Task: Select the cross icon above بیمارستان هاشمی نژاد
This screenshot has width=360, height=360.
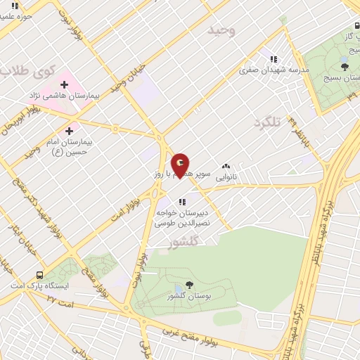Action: tap(64, 84)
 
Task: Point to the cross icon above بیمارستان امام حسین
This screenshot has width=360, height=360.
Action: tap(69, 131)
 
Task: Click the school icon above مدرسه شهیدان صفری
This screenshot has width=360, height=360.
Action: tap(274, 59)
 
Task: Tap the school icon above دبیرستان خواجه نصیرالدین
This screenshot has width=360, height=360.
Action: tap(182, 202)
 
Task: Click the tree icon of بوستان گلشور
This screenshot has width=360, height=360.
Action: tap(188, 286)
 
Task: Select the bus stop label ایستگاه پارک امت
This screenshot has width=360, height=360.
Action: tap(39, 286)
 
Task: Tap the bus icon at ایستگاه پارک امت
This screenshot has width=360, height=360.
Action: tap(39, 275)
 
